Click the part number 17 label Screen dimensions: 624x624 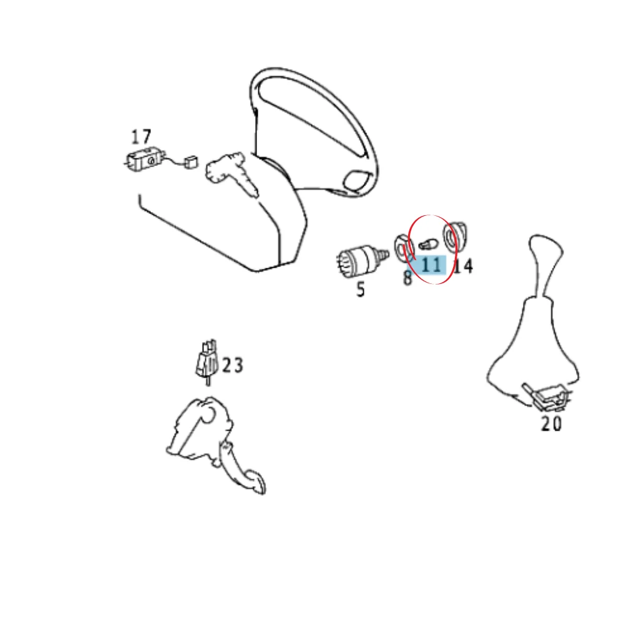(x=141, y=137)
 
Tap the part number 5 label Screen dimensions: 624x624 (x=360, y=290)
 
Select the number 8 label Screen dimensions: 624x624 (x=407, y=278)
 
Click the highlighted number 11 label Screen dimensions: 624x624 (x=431, y=265)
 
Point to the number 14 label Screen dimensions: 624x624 (x=463, y=266)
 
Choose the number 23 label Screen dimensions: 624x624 (x=232, y=365)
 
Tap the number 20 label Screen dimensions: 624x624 (x=551, y=424)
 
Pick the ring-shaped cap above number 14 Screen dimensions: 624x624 (x=454, y=236)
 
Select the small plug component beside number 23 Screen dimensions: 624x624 (x=207, y=360)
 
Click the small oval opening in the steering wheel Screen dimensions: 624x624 (x=357, y=180)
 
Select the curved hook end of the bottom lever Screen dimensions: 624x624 (x=255, y=482)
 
